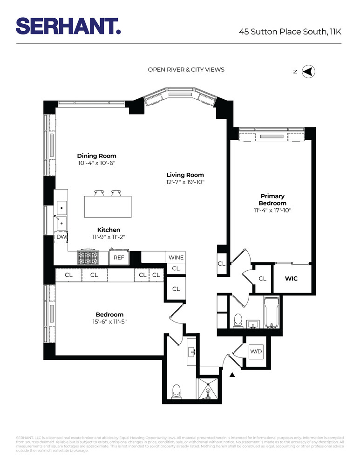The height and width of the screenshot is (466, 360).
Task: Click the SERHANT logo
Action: [68, 26]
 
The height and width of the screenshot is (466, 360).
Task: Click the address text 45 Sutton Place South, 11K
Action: [290, 32]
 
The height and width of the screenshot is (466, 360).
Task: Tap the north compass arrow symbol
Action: [308, 71]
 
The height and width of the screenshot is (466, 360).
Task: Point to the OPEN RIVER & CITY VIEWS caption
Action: [186, 70]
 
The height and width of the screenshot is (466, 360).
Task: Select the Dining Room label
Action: [96, 156]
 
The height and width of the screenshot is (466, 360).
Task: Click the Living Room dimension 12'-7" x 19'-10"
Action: [185, 182]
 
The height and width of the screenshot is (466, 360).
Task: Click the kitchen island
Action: [108, 206]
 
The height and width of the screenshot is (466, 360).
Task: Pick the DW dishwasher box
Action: [61, 237]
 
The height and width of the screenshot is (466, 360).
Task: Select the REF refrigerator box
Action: [119, 257]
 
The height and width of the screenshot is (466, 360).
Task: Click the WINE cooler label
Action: [176, 258]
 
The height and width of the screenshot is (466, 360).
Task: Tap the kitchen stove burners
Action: [88, 257]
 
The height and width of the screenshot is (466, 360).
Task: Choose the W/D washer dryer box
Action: [256, 351]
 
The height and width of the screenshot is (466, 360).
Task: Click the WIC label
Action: [291, 279]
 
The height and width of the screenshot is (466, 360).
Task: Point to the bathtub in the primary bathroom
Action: [272, 313]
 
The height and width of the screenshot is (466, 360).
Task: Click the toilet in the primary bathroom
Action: [238, 320]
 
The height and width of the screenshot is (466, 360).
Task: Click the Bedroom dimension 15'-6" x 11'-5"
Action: [109, 322]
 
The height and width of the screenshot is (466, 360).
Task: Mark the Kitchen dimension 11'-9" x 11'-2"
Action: [109, 237]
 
